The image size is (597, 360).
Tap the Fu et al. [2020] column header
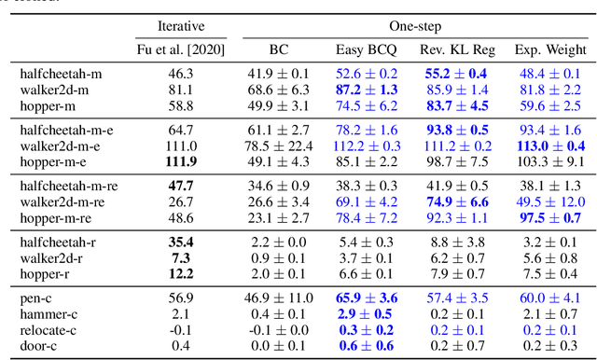(x=182, y=48)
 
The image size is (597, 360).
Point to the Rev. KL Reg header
(x=457, y=48)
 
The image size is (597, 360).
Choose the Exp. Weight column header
(x=548, y=48)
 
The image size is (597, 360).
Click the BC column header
(x=280, y=48)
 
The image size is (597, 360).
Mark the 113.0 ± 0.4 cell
(x=548, y=145)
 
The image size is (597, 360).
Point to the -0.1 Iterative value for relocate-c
(x=182, y=330)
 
